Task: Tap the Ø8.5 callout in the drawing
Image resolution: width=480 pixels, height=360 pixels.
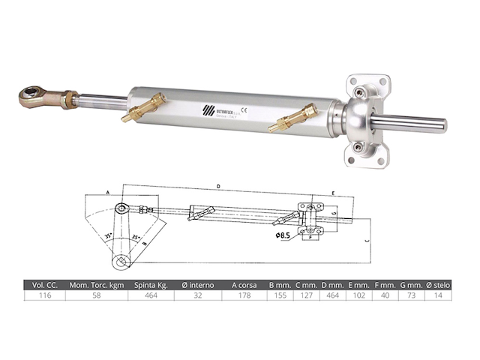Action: pos(283,235)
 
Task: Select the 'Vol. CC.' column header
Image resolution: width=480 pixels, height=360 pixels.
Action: pos(44,285)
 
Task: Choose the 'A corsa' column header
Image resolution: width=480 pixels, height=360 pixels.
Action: pos(244,285)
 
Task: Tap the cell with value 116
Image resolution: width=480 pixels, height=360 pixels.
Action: pos(44,296)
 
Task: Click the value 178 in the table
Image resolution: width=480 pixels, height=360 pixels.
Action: pos(244,296)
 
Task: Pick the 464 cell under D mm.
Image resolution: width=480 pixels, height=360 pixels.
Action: pos(332,296)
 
